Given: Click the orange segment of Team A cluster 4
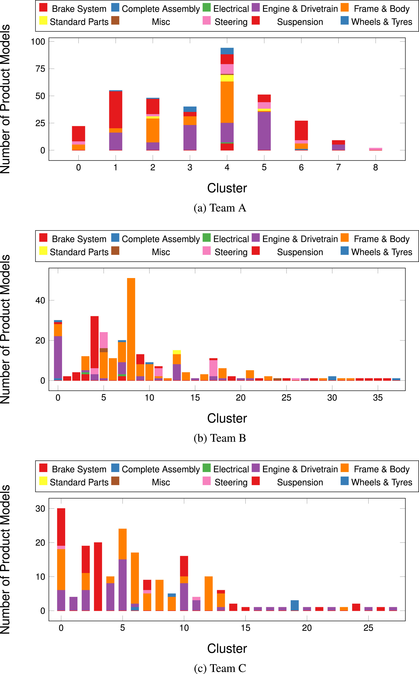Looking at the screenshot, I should pyautogui.click(x=227, y=102).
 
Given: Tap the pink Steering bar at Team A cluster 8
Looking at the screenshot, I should pyautogui.click(x=376, y=149).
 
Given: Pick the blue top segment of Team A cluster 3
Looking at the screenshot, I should pyautogui.click(x=190, y=109).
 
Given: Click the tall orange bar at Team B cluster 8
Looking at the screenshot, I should pyautogui.click(x=131, y=329).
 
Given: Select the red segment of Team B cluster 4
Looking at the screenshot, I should pyautogui.click(x=94, y=342).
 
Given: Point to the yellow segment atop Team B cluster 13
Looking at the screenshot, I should pyautogui.click(x=177, y=352).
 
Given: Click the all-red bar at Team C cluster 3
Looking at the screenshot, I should pyautogui.click(x=98, y=576).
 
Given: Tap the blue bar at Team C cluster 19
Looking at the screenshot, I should pyautogui.click(x=295, y=605).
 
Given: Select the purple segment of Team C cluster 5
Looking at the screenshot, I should pyautogui.click(x=122, y=585).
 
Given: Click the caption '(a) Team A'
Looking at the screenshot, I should pyautogui.click(x=220, y=208).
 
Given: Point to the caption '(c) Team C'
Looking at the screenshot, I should pyautogui.click(x=220, y=668).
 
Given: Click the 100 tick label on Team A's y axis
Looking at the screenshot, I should pyautogui.click(x=38, y=42).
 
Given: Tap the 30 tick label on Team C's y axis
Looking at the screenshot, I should pyautogui.click(x=40, y=509).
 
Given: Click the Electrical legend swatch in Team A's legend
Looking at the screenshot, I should pyautogui.click(x=207, y=7).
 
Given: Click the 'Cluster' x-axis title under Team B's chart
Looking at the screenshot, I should pyautogui.click(x=227, y=418).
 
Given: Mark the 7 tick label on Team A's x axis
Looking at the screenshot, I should pyautogui.click(x=338, y=167).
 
